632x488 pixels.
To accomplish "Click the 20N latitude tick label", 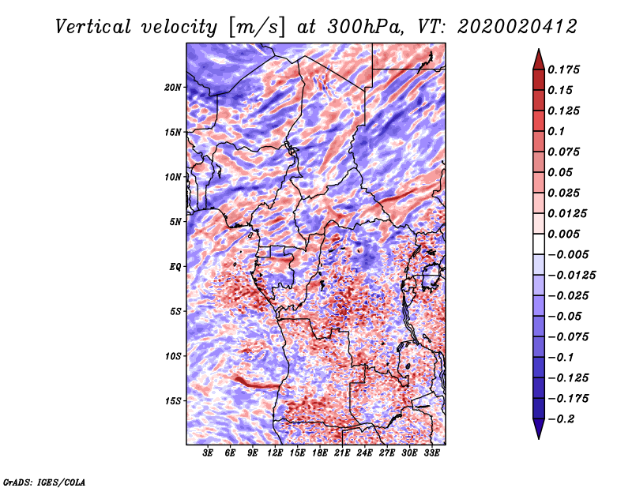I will [x=173, y=87].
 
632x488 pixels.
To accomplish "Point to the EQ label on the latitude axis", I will [x=175, y=266].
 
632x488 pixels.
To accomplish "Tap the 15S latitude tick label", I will [x=173, y=400].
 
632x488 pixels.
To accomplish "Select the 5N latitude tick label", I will [x=175, y=221].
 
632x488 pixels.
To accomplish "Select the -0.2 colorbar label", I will [x=563, y=419].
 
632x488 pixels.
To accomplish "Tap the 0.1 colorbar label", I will [x=557, y=131].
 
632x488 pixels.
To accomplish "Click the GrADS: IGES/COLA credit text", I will [x=43, y=481].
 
